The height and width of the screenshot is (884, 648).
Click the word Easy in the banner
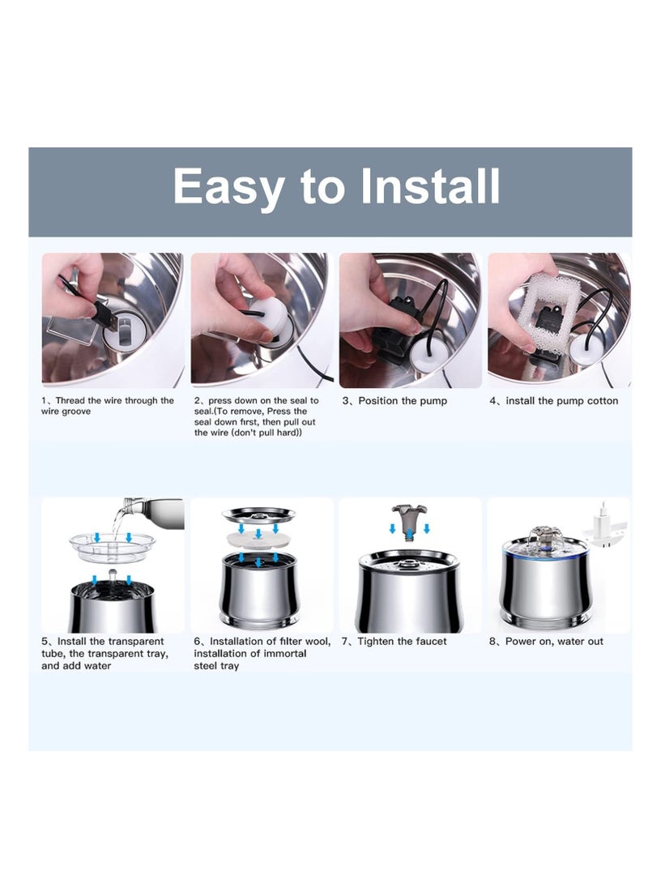228,186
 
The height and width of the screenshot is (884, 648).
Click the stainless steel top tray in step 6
258,515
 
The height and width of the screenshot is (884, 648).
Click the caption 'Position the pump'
403,401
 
